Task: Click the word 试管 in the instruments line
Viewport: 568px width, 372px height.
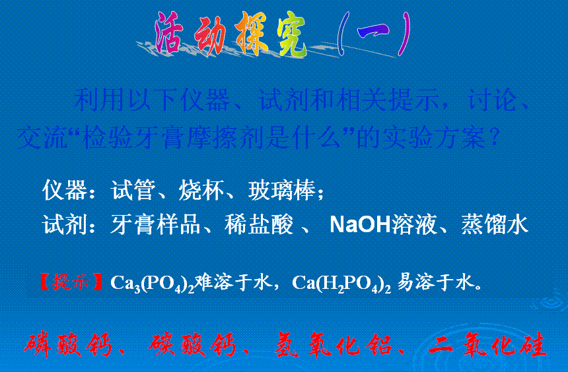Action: point(133,190)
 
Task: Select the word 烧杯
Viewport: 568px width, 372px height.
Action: point(201,190)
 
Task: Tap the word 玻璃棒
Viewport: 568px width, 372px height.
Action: point(282,190)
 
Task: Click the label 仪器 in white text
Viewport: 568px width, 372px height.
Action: point(65,190)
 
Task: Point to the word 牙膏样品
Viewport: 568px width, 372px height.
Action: point(155,224)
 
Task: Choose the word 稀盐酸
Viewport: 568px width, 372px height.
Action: point(259,224)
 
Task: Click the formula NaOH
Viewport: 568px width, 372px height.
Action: point(361,224)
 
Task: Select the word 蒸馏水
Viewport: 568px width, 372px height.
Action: point(495,224)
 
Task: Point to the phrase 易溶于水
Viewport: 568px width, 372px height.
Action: point(436,282)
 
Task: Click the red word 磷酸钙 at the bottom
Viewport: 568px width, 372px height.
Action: point(68,344)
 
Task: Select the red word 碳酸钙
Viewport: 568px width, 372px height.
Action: point(192,344)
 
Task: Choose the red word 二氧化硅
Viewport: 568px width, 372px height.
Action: point(487,344)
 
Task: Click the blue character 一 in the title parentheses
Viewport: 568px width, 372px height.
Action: point(373,31)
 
